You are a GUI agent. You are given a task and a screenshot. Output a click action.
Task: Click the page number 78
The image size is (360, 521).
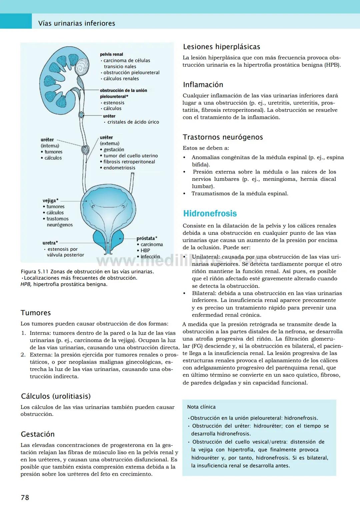(25, 497)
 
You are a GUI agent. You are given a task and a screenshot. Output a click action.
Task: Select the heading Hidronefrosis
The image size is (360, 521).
(210, 213)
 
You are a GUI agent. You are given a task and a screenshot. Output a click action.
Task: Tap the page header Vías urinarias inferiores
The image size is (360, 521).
(77, 23)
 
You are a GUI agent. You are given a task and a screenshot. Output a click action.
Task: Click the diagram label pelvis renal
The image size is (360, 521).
(111, 54)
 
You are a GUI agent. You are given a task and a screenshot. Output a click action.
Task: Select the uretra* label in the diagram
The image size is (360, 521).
(50, 243)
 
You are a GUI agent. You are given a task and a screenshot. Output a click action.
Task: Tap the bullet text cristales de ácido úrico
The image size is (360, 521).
(133, 122)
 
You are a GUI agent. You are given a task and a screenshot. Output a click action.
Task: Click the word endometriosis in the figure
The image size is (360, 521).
(119, 168)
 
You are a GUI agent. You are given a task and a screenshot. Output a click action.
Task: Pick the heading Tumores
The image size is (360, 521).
(36, 313)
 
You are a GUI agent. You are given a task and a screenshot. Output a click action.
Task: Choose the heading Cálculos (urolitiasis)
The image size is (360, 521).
(56, 396)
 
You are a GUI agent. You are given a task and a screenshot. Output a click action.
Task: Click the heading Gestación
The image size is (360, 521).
(38, 434)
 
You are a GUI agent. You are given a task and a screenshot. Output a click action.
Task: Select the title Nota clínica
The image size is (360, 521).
(201, 407)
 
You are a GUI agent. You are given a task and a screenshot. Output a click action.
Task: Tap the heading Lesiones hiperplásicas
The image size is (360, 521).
(222, 47)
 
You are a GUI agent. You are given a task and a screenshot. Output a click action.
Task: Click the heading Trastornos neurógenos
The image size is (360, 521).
(223, 137)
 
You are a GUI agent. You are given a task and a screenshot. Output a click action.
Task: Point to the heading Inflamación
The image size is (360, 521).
(203, 85)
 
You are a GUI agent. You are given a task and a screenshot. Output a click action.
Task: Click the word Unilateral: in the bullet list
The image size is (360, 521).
(206, 257)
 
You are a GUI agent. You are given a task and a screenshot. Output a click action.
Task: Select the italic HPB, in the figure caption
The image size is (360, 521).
(26, 284)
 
